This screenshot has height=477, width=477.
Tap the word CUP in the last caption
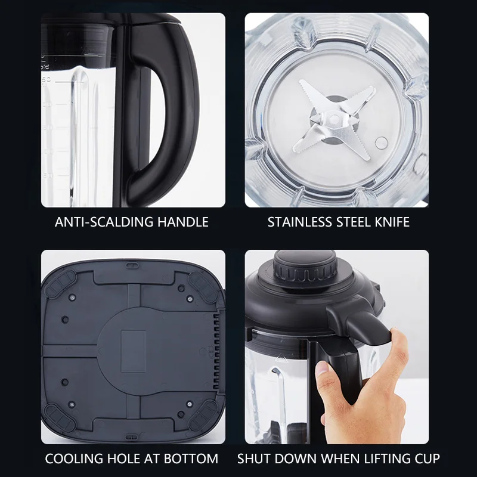click(428, 459)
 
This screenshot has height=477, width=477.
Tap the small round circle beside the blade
click(380, 141)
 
